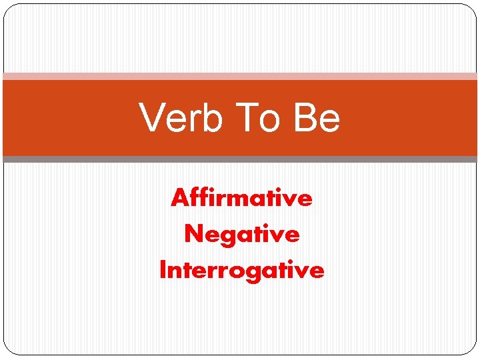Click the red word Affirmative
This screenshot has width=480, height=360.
(x=241, y=198)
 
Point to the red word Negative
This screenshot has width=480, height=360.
(x=241, y=235)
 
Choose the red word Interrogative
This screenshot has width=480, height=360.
(x=241, y=271)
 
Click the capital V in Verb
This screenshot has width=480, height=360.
(x=151, y=118)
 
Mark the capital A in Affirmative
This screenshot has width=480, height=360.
(x=178, y=198)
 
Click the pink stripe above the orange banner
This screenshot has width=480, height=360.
(x=240, y=77)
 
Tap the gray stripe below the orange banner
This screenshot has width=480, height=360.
(x=240, y=159)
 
